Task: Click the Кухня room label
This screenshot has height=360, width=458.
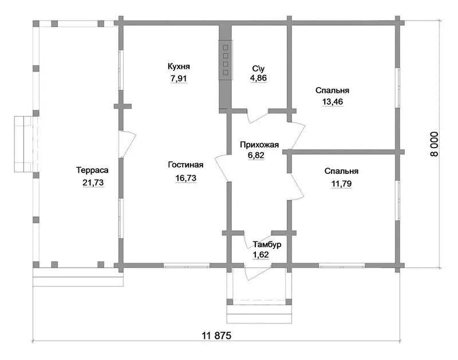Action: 179,67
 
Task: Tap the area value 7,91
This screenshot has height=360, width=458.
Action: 179,78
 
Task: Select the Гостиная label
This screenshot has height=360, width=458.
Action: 185,165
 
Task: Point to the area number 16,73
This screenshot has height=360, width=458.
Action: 185,178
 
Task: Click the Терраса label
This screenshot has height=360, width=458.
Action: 92,170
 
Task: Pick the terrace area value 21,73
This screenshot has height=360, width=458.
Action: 93,183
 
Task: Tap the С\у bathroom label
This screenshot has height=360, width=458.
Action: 259,69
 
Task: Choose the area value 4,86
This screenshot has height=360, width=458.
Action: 259,78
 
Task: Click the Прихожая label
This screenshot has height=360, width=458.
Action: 259,145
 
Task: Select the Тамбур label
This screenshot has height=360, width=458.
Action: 267,244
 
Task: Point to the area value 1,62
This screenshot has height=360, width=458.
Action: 260,255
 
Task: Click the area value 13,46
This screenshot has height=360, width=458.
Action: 333,102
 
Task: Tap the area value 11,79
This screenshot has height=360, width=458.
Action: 341,184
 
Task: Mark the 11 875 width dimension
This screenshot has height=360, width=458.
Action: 216,335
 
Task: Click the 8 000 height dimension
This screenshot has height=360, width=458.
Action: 435,144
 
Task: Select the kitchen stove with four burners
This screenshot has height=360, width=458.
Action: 226,60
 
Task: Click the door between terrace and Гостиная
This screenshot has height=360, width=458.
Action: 127,144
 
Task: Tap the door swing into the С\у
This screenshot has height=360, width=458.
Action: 258,116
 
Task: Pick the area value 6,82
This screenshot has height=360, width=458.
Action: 256,155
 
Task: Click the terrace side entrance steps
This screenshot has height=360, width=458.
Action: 24,144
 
